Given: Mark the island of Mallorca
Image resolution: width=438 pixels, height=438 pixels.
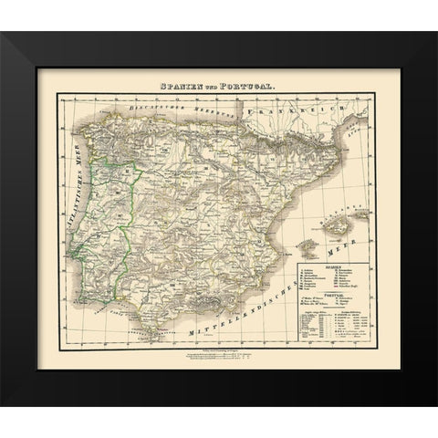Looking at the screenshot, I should pos(320,225).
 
